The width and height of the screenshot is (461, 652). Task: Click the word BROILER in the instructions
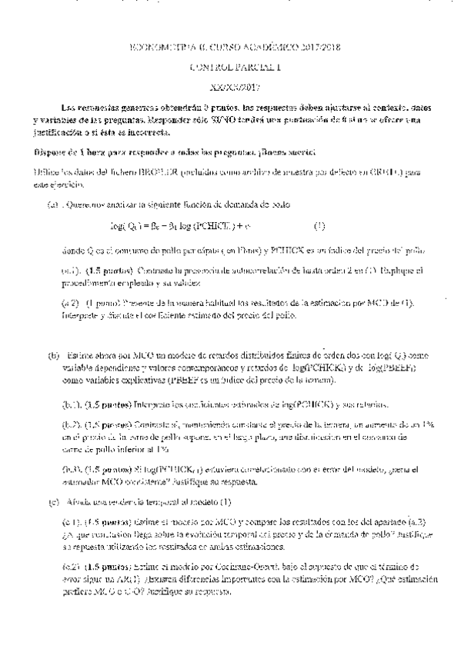[161, 172]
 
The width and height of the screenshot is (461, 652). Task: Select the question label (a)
[52, 205]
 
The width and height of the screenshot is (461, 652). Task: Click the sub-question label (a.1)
[71, 271]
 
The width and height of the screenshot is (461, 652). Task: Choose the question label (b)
[52, 356]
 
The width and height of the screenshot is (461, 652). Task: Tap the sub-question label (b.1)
[72, 404]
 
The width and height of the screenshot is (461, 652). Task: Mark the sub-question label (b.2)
[72, 424]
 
